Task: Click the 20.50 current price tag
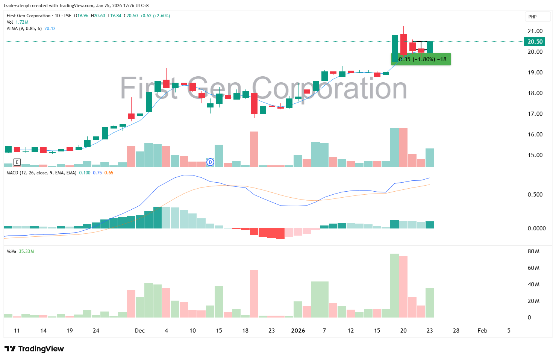point(535,42)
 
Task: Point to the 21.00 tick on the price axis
point(535,31)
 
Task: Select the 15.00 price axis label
point(535,155)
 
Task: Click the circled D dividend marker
point(211,162)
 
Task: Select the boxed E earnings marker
point(17,162)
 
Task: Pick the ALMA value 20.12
point(50,29)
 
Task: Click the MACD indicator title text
point(41,173)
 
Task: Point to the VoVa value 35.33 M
point(26,251)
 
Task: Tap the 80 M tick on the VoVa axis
point(533,251)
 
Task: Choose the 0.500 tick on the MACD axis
point(535,195)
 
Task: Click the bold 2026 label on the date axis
point(298,331)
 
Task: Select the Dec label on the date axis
point(140,331)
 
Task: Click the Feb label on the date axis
point(482,331)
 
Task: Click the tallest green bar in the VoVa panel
point(394,286)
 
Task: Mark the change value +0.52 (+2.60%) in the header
point(155,16)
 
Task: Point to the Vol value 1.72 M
point(22,22)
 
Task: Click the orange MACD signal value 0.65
point(109,173)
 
